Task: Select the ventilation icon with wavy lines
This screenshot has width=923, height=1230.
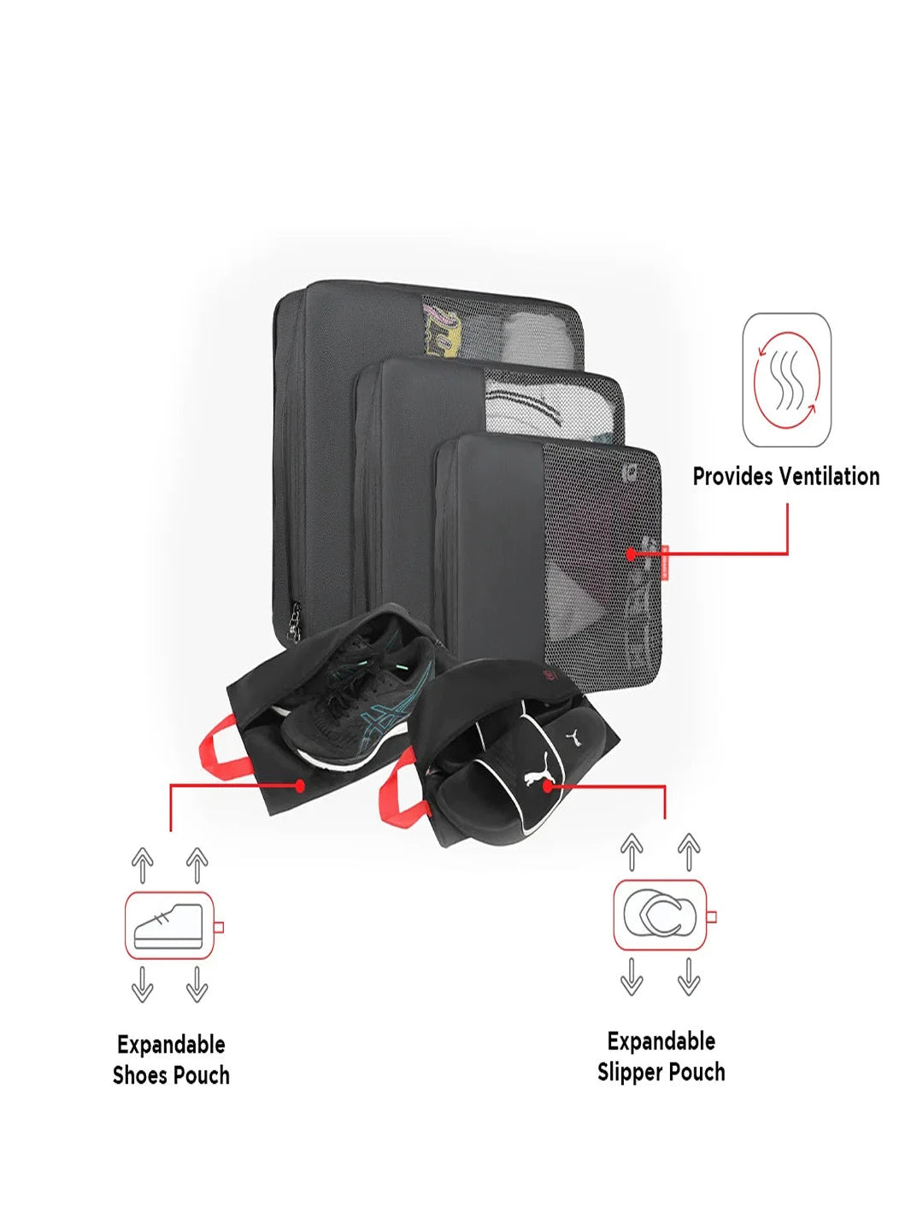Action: click(787, 380)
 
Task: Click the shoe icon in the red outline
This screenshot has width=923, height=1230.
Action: click(168, 926)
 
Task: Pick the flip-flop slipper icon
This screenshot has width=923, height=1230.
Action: click(660, 916)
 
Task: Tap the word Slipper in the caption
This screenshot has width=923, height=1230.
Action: click(630, 1073)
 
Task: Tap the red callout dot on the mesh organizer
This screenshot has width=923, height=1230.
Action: click(631, 554)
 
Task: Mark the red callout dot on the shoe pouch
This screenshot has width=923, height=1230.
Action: click(300, 786)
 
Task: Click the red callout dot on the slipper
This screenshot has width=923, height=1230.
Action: click(548, 786)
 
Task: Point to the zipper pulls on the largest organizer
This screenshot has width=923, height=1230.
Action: click(294, 621)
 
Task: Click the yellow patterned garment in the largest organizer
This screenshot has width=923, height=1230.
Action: click(442, 331)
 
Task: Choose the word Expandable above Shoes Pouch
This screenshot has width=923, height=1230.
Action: click(172, 1045)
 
